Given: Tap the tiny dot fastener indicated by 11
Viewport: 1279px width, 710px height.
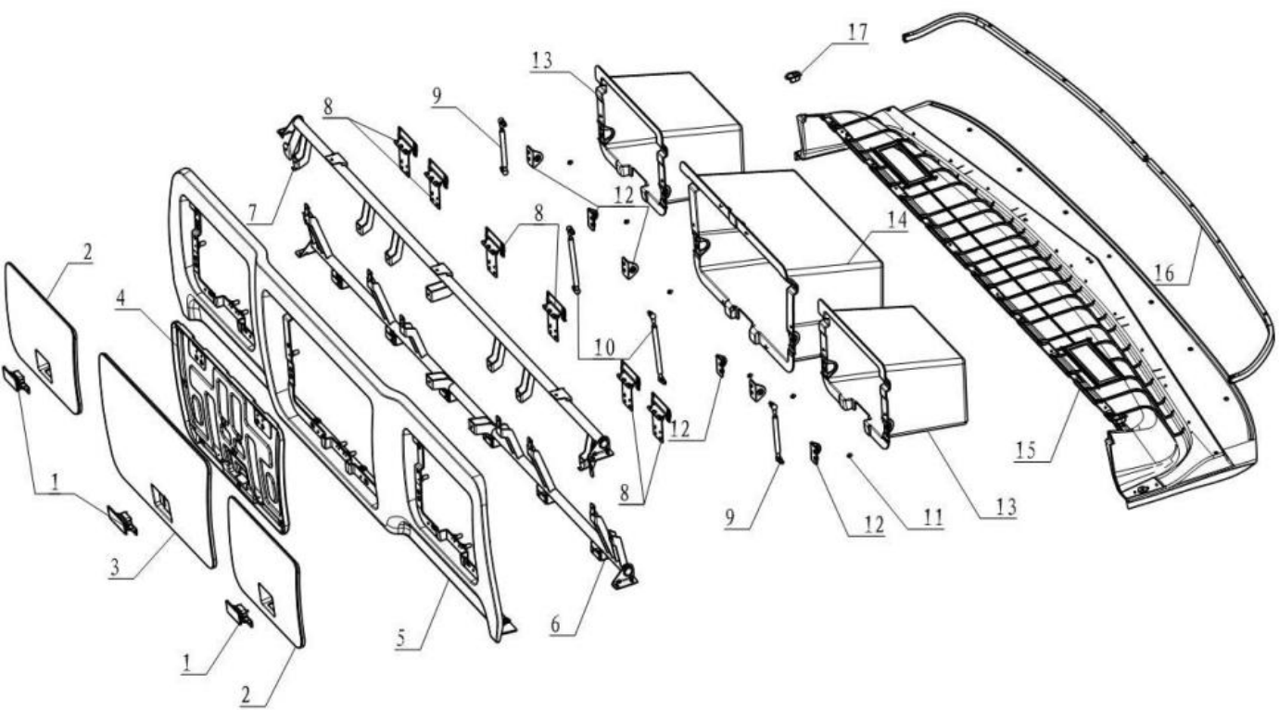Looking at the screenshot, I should click(x=849, y=456).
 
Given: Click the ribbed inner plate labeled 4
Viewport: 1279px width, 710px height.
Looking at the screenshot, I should click(x=227, y=408).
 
